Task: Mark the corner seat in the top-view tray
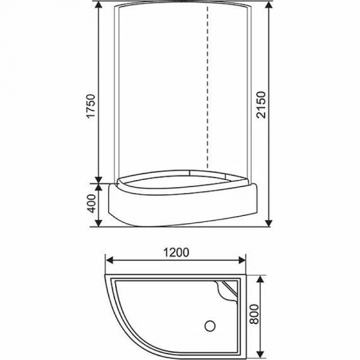pyautogui.click(x=228, y=291)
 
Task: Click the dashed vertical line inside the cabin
pyautogui.click(x=207, y=92)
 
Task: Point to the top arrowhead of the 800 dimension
pyautogui.click(x=262, y=278)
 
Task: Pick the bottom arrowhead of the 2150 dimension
pyautogui.click(x=269, y=223)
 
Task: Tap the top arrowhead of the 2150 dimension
pyautogui.click(x=269, y=5)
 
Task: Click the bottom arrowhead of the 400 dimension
pyautogui.click(x=99, y=223)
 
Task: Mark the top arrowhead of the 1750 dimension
pyautogui.click(x=99, y=5)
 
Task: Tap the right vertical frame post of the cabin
pyautogui.click(x=249, y=92)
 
